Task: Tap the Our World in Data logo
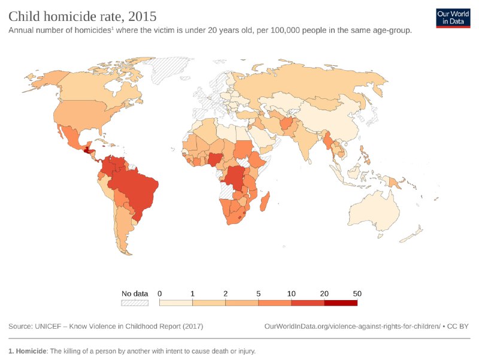pyautogui.click(x=453, y=18)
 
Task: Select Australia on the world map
pyautogui.click(x=374, y=213)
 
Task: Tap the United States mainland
pyautogui.click(x=81, y=114)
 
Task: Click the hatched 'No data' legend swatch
pyautogui.click(x=135, y=303)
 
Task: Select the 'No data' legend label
pyautogui.click(x=135, y=294)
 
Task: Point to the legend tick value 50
pyautogui.click(x=357, y=294)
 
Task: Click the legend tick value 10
pyautogui.click(x=292, y=294)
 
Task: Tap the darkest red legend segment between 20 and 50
pyautogui.click(x=341, y=303)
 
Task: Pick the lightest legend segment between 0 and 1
pyautogui.click(x=176, y=303)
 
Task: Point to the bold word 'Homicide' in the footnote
pyautogui.click(x=31, y=351)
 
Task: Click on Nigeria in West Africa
pyautogui.click(x=215, y=159)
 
